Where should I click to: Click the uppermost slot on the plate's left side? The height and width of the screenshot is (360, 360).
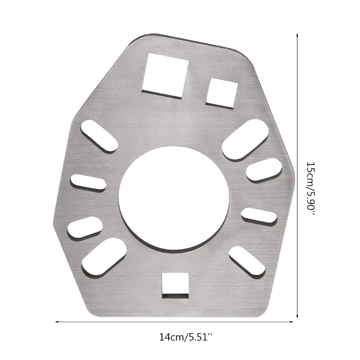[x=99, y=135]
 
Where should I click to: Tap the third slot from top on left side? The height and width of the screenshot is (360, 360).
[x=85, y=227]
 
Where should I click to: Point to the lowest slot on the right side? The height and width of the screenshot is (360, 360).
[x=247, y=261]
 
